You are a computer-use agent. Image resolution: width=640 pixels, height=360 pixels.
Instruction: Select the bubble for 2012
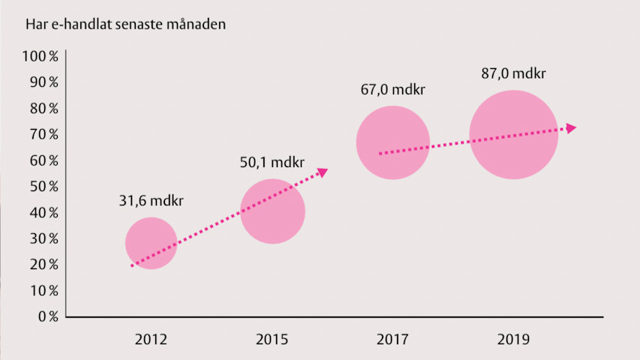coord(151,243)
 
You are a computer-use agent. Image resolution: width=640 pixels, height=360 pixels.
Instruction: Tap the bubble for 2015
coord(273,211)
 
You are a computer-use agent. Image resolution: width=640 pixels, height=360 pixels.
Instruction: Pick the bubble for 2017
coord(392,142)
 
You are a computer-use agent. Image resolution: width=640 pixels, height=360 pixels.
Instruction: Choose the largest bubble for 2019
coord(513,135)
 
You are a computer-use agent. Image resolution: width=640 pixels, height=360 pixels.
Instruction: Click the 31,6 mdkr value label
coord(151,201)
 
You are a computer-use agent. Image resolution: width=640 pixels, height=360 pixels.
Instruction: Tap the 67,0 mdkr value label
coord(393,89)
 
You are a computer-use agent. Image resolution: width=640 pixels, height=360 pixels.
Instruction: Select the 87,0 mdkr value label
coord(513,74)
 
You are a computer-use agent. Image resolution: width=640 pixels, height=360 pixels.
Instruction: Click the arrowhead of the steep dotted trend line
coord(323,172)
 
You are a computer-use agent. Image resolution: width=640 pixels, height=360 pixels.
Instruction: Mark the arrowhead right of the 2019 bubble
coord(571,128)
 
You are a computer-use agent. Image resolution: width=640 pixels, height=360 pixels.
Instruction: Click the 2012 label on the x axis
coord(151,339)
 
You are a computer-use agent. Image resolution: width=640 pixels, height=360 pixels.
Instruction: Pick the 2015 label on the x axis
coord(273,339)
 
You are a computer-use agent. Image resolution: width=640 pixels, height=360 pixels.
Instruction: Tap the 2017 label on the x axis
coord(393,339)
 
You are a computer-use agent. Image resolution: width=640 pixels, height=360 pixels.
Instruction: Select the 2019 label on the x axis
coord(513,339)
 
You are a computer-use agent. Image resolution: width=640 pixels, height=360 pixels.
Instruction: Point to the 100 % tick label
coord(41,56)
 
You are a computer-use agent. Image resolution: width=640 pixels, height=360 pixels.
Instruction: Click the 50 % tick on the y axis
coord(44,186)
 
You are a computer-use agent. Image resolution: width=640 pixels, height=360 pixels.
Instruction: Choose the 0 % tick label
coord(47,316)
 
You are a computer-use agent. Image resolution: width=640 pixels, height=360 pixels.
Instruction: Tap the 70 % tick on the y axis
coord(44,134)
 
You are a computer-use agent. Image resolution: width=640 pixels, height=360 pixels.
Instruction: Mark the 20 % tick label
coord(44,265)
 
